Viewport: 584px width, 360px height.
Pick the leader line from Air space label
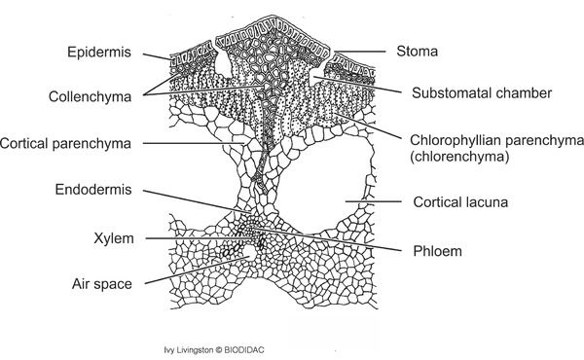click(x=195, y=272)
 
